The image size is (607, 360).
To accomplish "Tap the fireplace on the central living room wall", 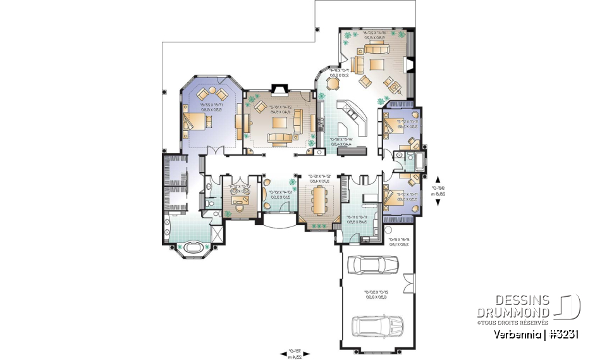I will coord(279,89).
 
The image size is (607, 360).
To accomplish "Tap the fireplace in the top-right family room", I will coord(409,65).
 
